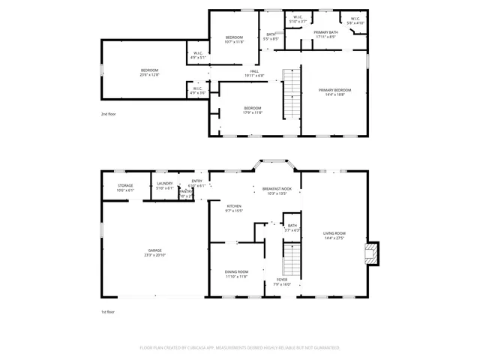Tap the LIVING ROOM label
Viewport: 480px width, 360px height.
tap(334, 235)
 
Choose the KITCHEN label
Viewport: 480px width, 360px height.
tap(234, 208)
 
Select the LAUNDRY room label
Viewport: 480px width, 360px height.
tap(164, 185)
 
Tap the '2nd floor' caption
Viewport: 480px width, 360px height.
tap(109, 114)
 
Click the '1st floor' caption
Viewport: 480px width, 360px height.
tap(109, 311)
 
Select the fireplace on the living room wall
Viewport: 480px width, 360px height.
tap(370, 253)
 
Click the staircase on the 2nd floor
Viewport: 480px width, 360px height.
tap(291, 93)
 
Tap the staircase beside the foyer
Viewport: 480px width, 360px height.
tap(291, 262)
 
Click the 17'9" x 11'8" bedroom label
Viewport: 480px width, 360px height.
tap(253, 110)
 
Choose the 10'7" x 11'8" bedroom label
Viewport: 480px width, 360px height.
tap(235, 39)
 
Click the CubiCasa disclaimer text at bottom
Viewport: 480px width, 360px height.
tap(240, 348)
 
